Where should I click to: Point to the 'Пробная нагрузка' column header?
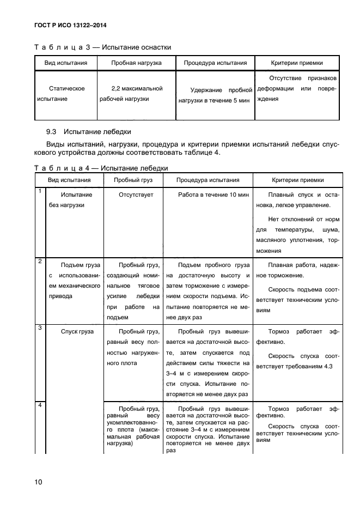[136, 63]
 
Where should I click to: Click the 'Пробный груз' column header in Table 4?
[133, 180]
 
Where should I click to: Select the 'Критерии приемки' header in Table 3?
[297, 63]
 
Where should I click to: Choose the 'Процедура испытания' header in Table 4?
[208, 180]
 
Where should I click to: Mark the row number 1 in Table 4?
[40, 191]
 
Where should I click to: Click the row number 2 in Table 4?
[40, 262]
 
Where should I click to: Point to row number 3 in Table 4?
[40, 327]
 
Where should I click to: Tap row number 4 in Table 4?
[40, 405]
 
